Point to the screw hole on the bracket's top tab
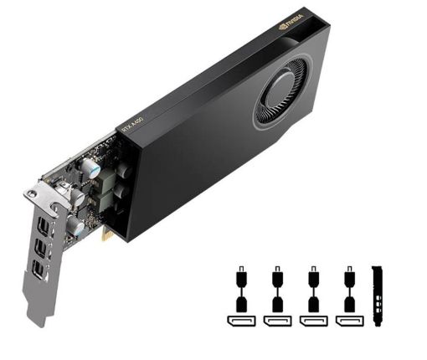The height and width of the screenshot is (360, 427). [33, 194]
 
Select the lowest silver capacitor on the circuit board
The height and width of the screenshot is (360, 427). [76, 226]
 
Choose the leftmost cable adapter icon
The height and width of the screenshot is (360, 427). [240, 289]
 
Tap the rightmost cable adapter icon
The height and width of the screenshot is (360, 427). [347, 289]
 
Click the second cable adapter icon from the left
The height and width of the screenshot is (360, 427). [276, 289]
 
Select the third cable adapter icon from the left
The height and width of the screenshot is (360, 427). [312, 289]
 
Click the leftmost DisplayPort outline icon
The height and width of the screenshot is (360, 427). [240, 320]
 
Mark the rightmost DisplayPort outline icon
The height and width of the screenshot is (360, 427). [347, 320]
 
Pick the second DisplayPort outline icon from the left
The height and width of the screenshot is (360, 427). [276, 320]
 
